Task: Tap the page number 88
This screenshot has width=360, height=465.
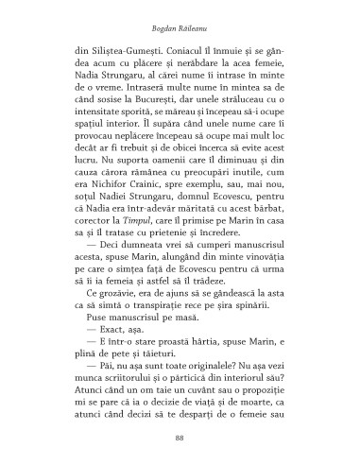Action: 180,439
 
